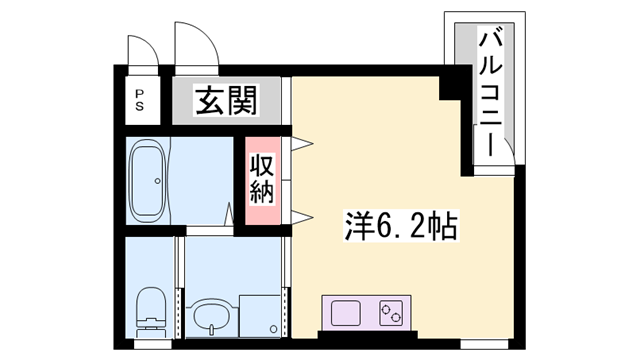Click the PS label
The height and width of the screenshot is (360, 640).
[141, 100]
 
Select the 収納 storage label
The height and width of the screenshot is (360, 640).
[262, 178]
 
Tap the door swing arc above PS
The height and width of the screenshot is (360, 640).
[141, 47]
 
